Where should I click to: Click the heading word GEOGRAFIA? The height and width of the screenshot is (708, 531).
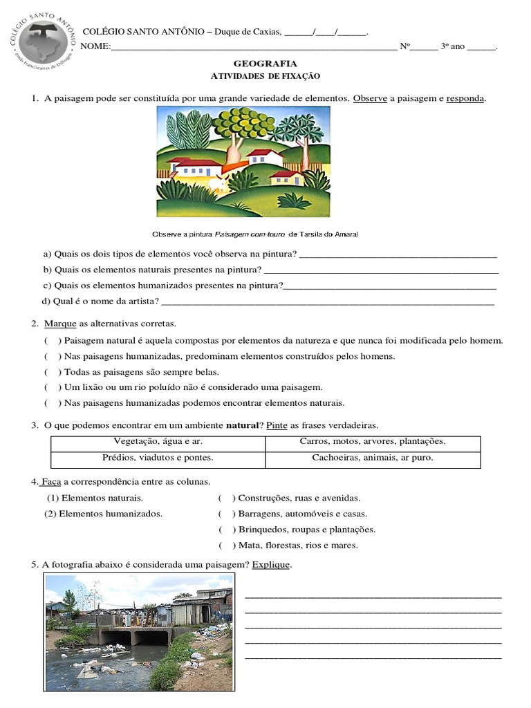[265, 64]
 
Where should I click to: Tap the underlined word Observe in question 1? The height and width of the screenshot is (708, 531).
[370, 99]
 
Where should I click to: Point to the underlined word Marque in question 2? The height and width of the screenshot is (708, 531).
[59, 324]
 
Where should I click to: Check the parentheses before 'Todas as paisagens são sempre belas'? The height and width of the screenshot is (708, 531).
[53, 372]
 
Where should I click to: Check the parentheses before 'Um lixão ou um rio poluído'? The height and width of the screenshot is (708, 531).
[53, 387]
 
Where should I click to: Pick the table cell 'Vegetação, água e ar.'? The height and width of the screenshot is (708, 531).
[158, 441]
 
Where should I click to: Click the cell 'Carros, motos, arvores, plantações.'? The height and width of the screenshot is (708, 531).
[373, 441]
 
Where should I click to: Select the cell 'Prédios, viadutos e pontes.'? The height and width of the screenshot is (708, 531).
[158, 458]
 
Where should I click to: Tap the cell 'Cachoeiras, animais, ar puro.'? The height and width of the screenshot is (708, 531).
[373, 458]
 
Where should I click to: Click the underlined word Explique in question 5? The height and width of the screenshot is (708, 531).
[271, 565]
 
